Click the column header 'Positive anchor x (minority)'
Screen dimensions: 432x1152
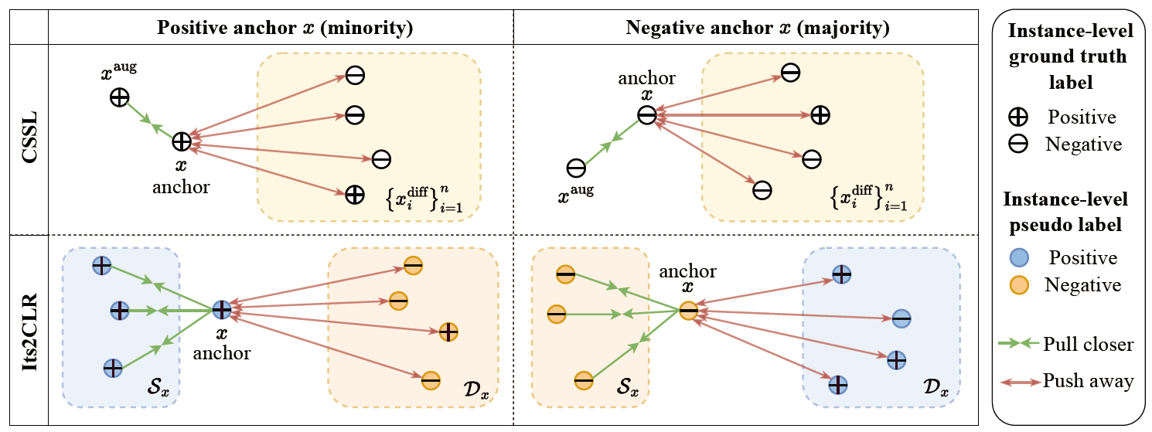pyautogui.click(x=285, y=29)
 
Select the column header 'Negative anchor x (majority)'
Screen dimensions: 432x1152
pyautogui.click(x=757, y=29)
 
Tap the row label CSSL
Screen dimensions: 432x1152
pyautogui.click(x=25, y=138)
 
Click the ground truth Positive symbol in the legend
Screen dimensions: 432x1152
pyautogui.click(x=1021, y=117)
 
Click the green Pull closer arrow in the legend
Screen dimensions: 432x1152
pyautogui.click(x=1019, y=345)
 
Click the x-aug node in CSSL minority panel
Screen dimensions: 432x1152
pyautogui.click(x=119, y=97)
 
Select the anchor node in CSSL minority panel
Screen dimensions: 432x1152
pyautogui.click(x=181, y=141)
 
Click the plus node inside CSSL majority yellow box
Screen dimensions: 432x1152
pyautogui.click(x=820, y=115)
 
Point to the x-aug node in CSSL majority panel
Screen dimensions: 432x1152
pyautogui.click(x=575, y=168)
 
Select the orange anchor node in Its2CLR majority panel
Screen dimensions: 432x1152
pyautogui.click(x=688, y=311)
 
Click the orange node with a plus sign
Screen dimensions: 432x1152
pyautogui.click(x=448, y=332)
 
